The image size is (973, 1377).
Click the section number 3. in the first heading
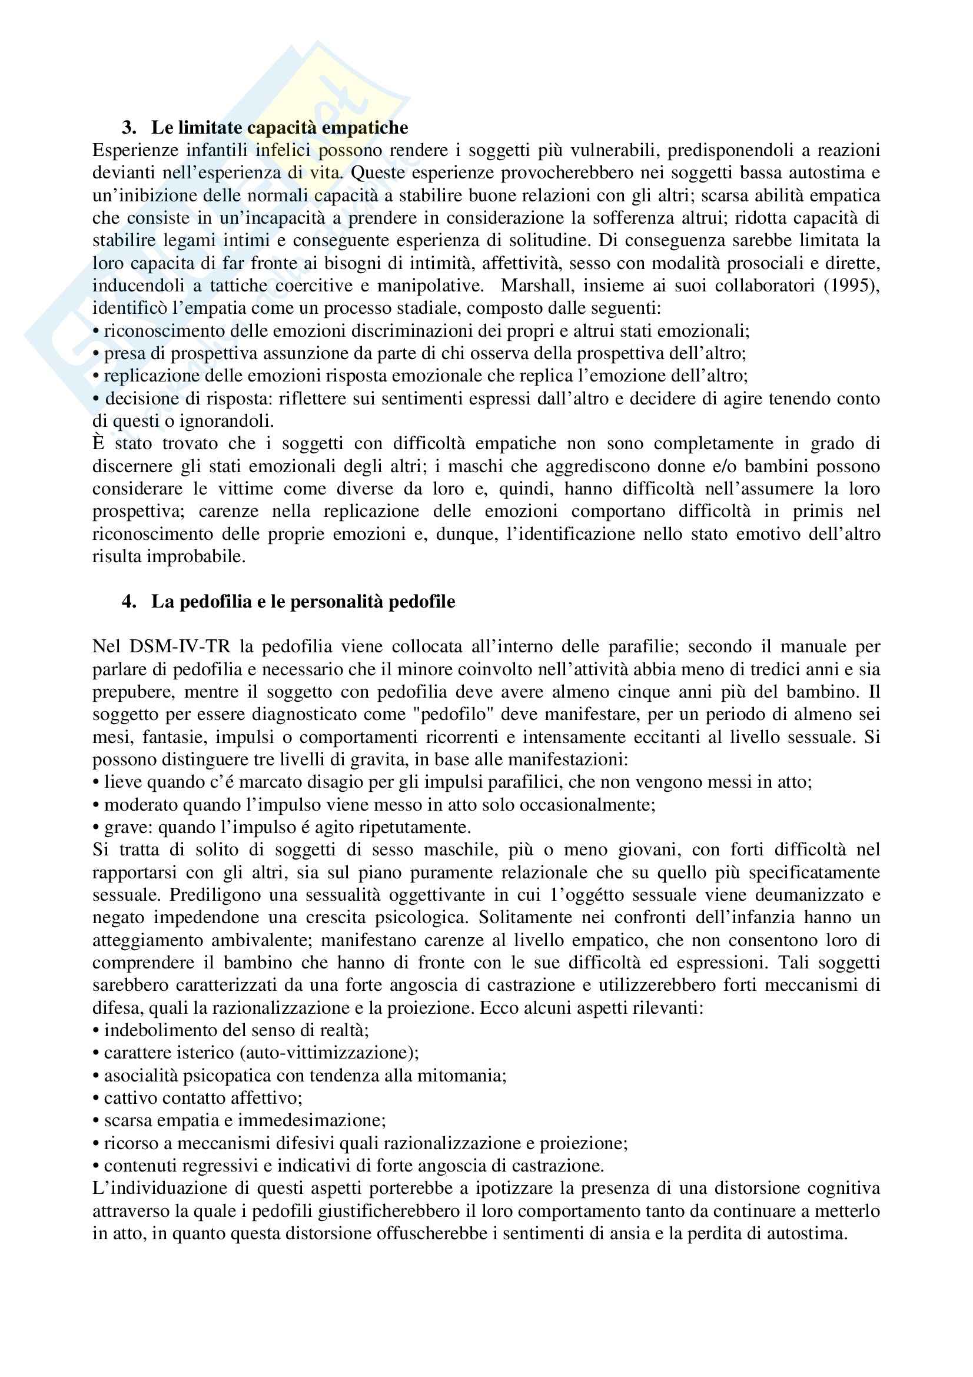coord(129,128)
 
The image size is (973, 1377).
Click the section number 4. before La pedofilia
coord(129,602)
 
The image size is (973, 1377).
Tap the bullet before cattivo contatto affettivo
coord(96,1099)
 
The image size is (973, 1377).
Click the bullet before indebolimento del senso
coord(96,1031)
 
